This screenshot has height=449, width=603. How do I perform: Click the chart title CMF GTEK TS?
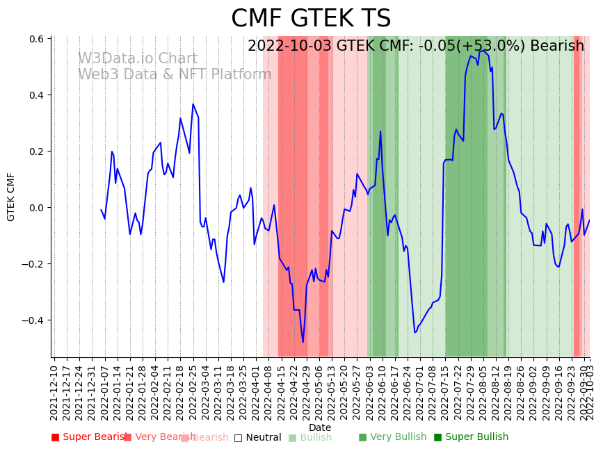(x=311, y=19)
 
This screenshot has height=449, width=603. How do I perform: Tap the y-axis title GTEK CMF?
(x=11, y=197)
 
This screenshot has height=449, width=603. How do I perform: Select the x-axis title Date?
(x=320, y=427)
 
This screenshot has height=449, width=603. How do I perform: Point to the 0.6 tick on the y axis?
(x=37, y=39)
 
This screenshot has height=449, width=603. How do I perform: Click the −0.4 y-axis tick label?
(x=33, y=320)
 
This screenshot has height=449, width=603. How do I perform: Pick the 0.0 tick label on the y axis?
(x=37, y=208)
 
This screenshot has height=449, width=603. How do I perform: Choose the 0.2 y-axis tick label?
(x=37, y=152)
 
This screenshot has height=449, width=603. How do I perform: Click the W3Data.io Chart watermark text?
(x=138, y=59)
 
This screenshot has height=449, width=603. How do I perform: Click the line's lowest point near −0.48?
(x=303, y=342)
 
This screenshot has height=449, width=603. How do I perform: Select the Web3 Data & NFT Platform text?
(x=175, y=74)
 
